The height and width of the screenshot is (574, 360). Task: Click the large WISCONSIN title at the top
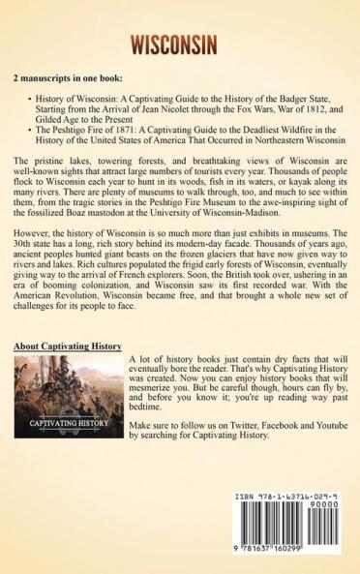180,45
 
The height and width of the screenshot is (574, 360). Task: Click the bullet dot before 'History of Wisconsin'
33,98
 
